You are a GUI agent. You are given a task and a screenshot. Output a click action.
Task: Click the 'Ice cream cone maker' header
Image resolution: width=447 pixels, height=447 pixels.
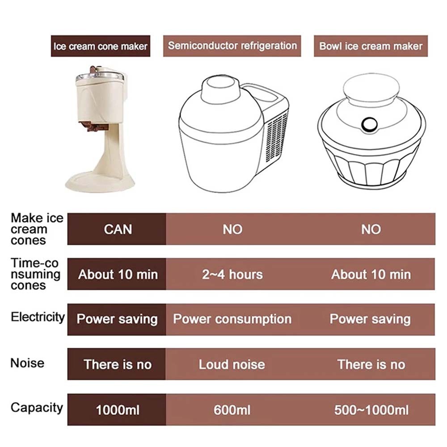coord(100,46)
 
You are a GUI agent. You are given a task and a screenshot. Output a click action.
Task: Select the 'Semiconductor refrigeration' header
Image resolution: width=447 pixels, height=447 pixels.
coord(232,46)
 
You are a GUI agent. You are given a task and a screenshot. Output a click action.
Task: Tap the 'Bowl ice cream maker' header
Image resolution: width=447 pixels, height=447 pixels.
coord(371,46)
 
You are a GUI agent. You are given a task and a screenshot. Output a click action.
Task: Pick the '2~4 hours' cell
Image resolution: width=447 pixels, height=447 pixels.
coord(232,274)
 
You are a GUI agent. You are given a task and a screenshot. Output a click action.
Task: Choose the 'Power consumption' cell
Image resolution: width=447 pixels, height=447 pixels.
coord(232,319)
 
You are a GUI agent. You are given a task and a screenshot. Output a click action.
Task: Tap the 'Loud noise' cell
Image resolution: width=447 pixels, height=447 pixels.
coord(232,365)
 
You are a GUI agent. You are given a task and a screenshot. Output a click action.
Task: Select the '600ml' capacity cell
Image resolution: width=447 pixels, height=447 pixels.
coord(232,410)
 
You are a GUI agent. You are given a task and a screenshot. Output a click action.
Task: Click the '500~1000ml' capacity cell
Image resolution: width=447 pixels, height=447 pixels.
coord(371,410)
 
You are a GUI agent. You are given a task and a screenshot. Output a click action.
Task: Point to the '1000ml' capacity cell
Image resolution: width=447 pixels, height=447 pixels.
coord(118,410)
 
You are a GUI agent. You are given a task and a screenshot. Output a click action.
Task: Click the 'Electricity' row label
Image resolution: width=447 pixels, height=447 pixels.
coord(38,317)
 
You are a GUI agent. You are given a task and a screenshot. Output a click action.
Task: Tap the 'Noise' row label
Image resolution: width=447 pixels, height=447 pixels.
coord(27,363)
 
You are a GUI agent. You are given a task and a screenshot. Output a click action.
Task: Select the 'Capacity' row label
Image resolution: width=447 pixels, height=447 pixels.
coord(37,408)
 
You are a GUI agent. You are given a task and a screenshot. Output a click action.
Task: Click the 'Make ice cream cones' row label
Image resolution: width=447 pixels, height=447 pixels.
coord(37,229)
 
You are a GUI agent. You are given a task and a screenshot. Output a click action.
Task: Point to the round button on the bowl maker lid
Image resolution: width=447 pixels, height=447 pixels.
coord(370,125)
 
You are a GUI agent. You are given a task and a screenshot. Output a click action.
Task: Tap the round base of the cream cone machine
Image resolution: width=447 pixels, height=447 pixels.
coord(100,183)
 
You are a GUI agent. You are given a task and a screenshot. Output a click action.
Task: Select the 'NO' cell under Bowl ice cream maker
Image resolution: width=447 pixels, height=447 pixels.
coord(371,229)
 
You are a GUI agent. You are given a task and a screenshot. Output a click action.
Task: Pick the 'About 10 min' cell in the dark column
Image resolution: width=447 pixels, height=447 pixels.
coord(118,274)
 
